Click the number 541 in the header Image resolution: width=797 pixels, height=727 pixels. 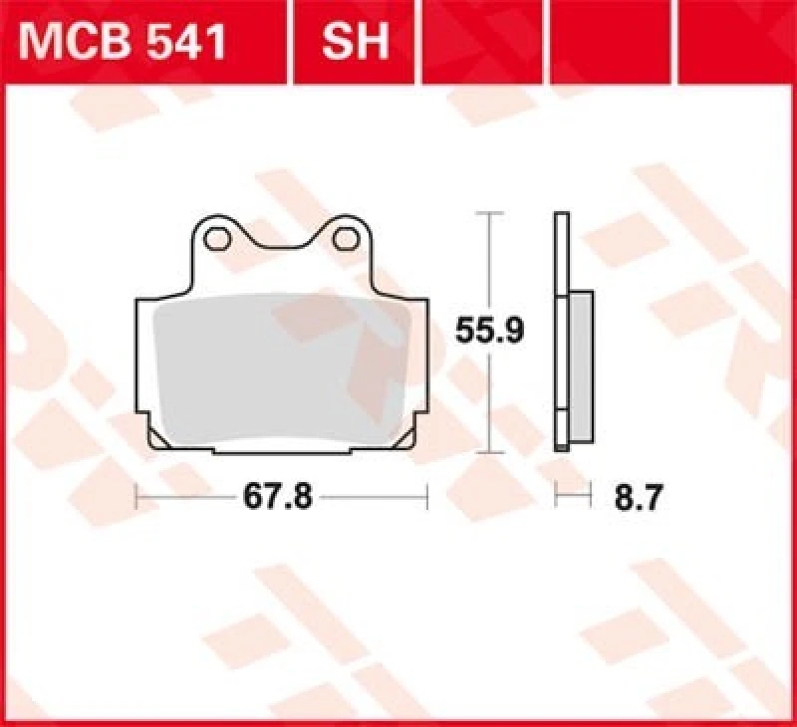click(x=189, y=43)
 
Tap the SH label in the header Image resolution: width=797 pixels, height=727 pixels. click(x=354, y=43)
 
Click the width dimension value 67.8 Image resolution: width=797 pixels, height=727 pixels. click(x=282, y=496)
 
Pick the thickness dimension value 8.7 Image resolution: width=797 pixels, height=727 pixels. click(x=639, y=496)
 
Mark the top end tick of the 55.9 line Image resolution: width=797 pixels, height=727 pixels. click(x=487, y=213)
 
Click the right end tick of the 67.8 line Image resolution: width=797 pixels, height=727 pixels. click(x=427, y=496)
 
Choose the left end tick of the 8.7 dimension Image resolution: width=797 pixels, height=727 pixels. click(x=556, y=496)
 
